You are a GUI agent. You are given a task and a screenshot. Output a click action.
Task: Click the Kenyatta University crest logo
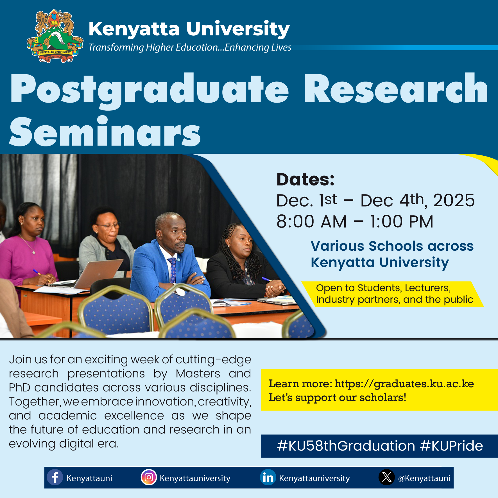pyautogui.click(x=55, y=36)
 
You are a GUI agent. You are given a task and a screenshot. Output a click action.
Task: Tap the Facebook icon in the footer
pyautogui.click(x=55, y=477)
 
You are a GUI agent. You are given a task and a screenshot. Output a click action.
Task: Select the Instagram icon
pyautogui.click(x=149, y=477)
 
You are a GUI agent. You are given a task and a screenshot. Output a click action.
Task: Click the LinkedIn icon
pyautogui.click(x=268, y=477)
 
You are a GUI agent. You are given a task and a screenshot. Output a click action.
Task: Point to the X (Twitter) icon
pyautogui.click(x=387, y=477)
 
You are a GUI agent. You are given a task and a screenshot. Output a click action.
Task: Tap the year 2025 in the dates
pyautogui.click(x=454, y=200)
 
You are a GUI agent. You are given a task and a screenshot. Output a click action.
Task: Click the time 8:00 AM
pyautogui.click(x=312, y=221)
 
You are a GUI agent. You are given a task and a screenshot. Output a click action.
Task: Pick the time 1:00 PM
pyautogui.click(x=402, y=221)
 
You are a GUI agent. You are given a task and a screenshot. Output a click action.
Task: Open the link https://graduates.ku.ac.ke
pyautogui.click(x=404, y=384)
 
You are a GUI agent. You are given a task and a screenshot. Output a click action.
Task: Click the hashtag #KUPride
pyautogui.click(x=452, y=446)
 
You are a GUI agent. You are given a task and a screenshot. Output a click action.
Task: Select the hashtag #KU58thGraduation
pyautogui.click(x=346, y=446)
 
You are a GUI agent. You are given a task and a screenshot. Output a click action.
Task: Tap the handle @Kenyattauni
pyautogui.click(x=424, y=478)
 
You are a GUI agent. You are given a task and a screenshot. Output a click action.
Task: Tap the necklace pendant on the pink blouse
pyautogui.click(x=34, y=252)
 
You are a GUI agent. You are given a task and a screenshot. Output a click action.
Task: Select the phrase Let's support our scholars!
pyautogui.click(x=338, y=398)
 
